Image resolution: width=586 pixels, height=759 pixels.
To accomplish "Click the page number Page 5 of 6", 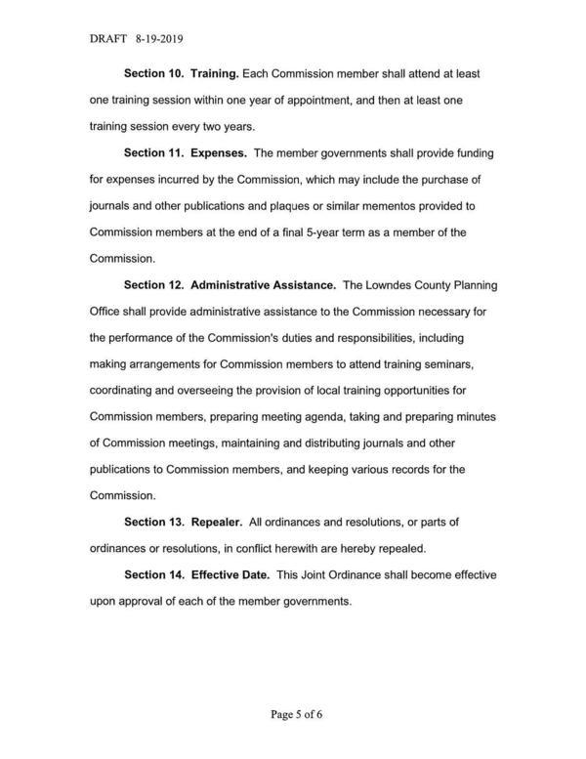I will click(297, 714).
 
